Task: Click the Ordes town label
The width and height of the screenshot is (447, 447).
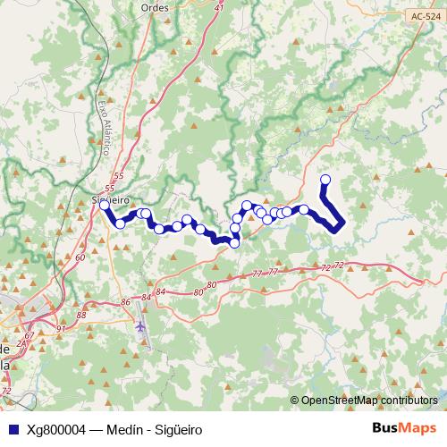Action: point(156,7)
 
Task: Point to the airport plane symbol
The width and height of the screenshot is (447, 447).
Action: point(140,325)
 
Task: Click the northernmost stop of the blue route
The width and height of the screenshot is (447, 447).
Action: point(325,181)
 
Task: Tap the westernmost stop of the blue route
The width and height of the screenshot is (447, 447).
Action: point(105,205)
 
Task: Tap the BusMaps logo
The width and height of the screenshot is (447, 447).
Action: point(403,427)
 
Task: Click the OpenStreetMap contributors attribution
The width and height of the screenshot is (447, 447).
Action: point(369,401)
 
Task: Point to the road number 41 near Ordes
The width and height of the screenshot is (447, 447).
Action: point(220,7)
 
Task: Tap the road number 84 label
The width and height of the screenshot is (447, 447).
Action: point(161,291)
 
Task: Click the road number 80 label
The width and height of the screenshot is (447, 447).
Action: point(212,285)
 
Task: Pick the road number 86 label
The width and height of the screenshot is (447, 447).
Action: point(123,303)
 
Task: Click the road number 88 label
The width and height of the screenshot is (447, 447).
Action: point(81,314)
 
